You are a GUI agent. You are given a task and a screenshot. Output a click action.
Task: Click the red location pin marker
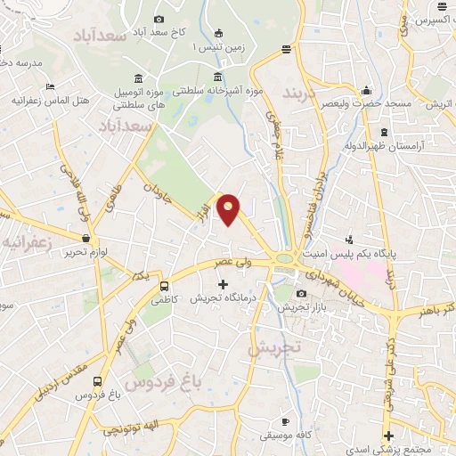coord(230,209)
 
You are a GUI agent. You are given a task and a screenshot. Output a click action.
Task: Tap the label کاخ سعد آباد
coord(160,33)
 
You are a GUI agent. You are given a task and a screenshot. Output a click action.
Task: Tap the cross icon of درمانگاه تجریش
coord(223,284)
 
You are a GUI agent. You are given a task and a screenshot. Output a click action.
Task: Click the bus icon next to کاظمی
coord(164,287)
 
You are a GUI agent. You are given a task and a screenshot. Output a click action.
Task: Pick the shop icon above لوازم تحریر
coord(86,239)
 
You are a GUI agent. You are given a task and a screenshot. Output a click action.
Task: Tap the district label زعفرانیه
coord(25,241)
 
